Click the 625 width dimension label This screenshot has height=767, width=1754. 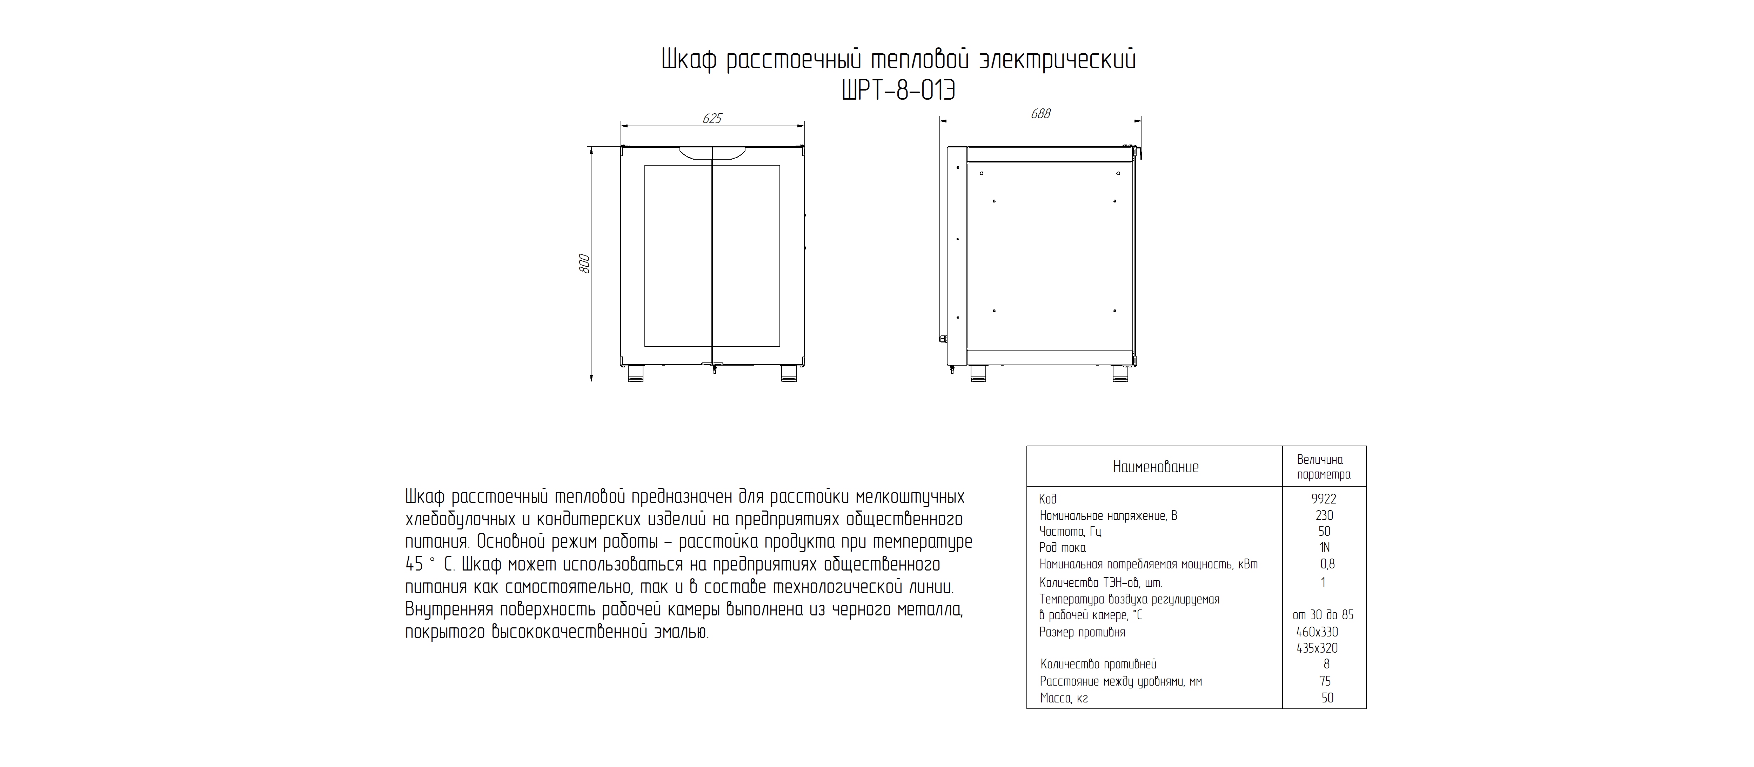pos(711,119)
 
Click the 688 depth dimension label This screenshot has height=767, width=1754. pos(1040,114)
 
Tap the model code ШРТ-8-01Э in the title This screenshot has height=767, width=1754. pos(899,91)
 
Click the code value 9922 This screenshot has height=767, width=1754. pos(1324,499)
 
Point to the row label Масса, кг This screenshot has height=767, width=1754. pos(1064,698)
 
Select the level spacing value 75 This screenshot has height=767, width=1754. pos(1325,681)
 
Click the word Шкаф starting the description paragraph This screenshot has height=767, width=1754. pos(425,496)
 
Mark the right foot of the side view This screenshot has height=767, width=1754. pos(1120,373)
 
